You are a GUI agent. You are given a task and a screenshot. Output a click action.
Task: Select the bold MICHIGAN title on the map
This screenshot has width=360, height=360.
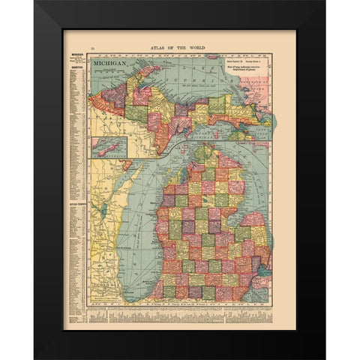click(x=109, y=64)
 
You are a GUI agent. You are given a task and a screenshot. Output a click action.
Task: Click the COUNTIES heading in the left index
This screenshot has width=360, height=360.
click(x=76, y=64)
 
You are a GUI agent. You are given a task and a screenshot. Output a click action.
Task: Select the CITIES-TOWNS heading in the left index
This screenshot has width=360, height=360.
click(x=76, y=202)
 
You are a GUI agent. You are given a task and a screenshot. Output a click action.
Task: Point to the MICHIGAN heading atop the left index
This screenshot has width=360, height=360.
click(x=76, y=55)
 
